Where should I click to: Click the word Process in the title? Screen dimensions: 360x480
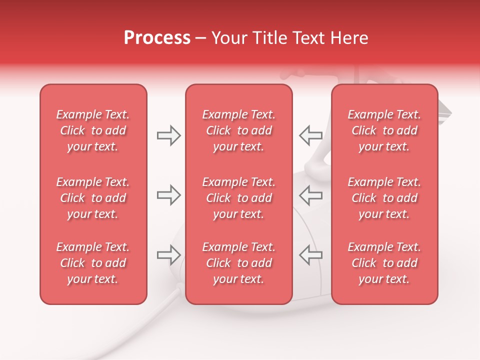[x=157, y=38]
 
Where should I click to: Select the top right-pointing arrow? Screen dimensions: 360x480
[x=168, y=135]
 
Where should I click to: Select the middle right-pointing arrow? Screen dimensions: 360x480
[x=168, y=195]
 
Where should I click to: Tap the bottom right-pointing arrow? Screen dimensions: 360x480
[x=168, y=254]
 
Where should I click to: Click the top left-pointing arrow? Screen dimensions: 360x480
[x=310, y=135]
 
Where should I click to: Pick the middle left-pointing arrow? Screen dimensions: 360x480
[x=310, y=195]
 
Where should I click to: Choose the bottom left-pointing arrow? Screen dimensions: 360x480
[x=310, y=254]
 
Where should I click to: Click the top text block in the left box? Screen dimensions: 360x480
[x=93, y=130]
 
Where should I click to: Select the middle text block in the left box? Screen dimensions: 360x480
[x=93, y=198]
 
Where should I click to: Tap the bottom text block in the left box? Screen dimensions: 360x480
[x=93, y=263]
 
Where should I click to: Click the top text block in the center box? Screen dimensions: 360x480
[x=238, y=130]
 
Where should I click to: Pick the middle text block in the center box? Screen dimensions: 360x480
[x=238, y=198]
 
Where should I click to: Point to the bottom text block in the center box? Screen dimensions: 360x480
[x=238, y=263]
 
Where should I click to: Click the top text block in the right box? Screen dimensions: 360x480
[x=384, y=130]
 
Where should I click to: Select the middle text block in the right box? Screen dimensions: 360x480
[x=384, y=198]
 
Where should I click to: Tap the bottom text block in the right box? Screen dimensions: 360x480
[x=384, y=263]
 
